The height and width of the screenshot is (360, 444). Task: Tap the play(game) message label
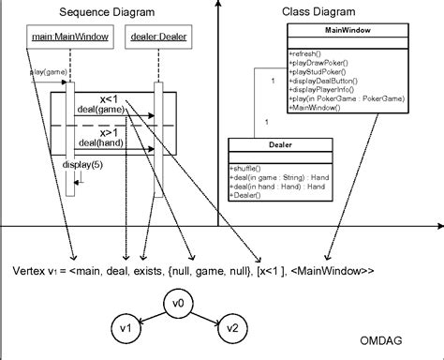(x=46, y=71)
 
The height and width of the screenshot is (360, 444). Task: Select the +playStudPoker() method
(x=317, y=70)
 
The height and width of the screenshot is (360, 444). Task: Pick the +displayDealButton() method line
(x=322, y=79)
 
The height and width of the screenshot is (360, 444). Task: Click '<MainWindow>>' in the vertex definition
(x=334, y=271)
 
